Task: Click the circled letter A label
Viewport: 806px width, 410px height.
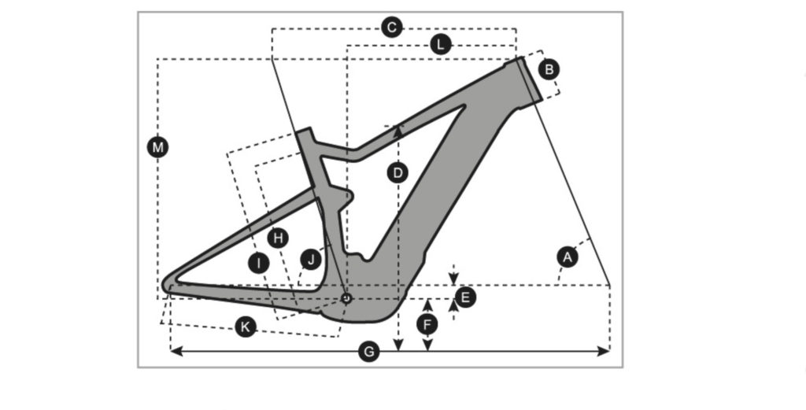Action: click(x=565, y=256)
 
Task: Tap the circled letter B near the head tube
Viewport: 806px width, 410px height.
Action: click(x=549, y=69)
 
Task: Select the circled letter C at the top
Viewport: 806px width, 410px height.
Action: click(x=391, y=28)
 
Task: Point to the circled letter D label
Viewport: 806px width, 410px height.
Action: click(x=397, y=172)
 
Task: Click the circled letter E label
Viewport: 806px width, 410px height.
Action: click(x=465, y=297)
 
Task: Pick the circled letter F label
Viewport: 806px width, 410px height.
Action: click(x=427, y=324)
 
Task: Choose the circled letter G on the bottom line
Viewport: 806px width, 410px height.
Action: click(x=368, y=352)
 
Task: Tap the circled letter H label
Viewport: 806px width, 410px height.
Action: click(x=278, y=237)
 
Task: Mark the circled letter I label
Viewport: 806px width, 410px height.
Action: click(x=257, y=263)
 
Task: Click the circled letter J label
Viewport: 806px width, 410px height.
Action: click(x=311, y=258)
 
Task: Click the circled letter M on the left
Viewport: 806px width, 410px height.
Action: click(x=159, y=146)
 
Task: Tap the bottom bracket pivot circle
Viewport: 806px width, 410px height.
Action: click(x=346, y=297)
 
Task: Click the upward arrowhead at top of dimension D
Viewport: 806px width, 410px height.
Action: click(x=398, y=131)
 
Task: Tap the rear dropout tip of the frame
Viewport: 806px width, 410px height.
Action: click(x=167, y=285)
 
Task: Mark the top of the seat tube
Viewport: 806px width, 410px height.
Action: click(x=305, y=133)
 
